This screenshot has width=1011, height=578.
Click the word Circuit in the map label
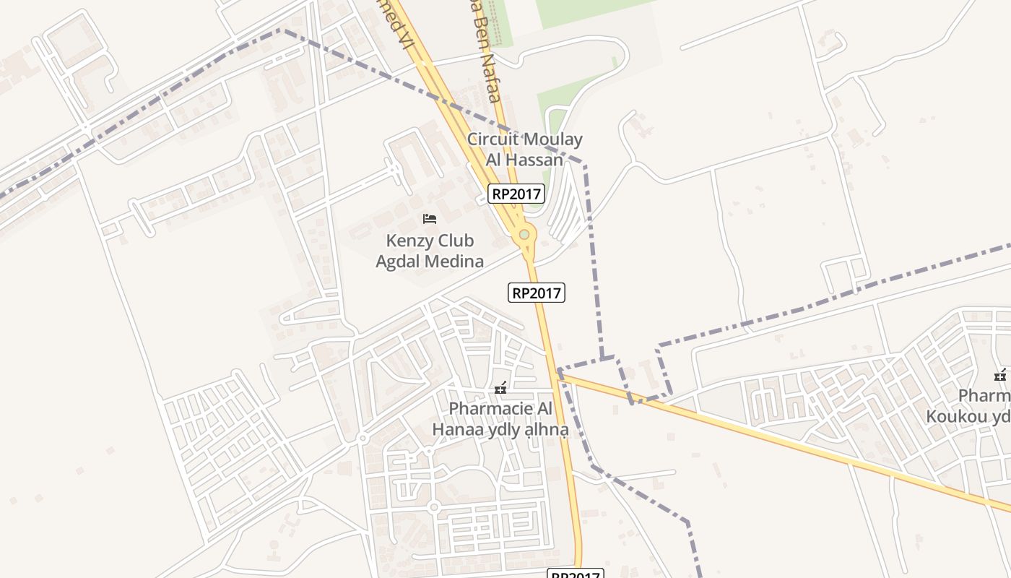pos(493,139)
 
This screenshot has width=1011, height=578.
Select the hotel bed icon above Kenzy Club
pos(430,219)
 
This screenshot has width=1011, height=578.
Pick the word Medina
pos(456,261)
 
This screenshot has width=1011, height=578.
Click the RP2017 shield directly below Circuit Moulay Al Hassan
pos(516,194)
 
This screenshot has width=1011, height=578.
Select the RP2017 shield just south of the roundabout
pos(537,293)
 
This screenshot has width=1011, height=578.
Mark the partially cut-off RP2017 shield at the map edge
pos(575,574)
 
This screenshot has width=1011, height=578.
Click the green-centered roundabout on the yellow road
pos(524,234)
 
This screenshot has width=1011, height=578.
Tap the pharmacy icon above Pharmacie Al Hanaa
pos(500,389)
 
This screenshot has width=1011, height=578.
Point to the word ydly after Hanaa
pos(500,430)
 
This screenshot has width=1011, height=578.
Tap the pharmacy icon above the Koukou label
pos(1001,375)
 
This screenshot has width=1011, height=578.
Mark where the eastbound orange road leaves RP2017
pos(560,374)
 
